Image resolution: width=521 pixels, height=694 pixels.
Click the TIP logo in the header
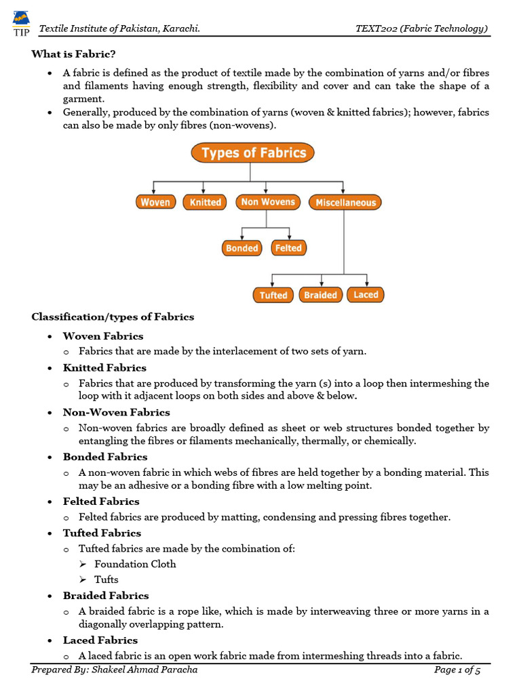pos(21,22)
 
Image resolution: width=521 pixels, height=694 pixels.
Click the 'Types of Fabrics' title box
pos(254,152)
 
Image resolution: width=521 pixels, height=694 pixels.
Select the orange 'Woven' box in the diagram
pos(155,202)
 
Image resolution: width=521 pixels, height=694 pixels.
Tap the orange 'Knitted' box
pos(206,202)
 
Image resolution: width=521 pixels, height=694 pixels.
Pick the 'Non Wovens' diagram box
pos(268,202)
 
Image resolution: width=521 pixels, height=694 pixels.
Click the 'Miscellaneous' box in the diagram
pos(345,202)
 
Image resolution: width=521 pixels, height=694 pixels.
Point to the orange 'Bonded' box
pos(242,248)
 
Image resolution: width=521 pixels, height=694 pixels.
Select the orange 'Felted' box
pos(288,248)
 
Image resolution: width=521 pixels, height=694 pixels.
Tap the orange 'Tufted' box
pos(273,295)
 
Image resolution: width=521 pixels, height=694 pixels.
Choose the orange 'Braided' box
pos(320,295)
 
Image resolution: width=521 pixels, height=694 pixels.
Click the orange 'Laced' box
pos(366,295)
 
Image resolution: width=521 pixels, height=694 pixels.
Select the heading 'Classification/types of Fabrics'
pos(113,317)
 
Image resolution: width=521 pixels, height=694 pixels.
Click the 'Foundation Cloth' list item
pos(135,564)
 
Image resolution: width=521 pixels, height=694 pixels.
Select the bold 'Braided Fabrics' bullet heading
pos(106,596)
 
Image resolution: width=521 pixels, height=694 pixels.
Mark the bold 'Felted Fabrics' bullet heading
pos(101,502)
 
